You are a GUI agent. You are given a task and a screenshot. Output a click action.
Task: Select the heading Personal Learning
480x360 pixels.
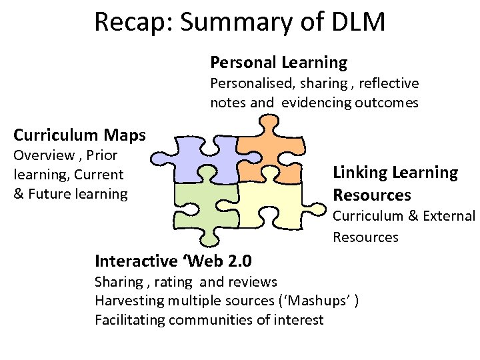pos(279,63)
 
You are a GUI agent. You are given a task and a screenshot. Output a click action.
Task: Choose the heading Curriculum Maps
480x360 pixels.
pos(79,135)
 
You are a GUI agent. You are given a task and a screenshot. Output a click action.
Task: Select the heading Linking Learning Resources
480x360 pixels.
pos(395,183)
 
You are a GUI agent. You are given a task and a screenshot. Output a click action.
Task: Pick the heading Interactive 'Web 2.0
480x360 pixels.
pos(173,260)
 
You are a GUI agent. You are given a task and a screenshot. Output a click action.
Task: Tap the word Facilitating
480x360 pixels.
pos(130,320)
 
